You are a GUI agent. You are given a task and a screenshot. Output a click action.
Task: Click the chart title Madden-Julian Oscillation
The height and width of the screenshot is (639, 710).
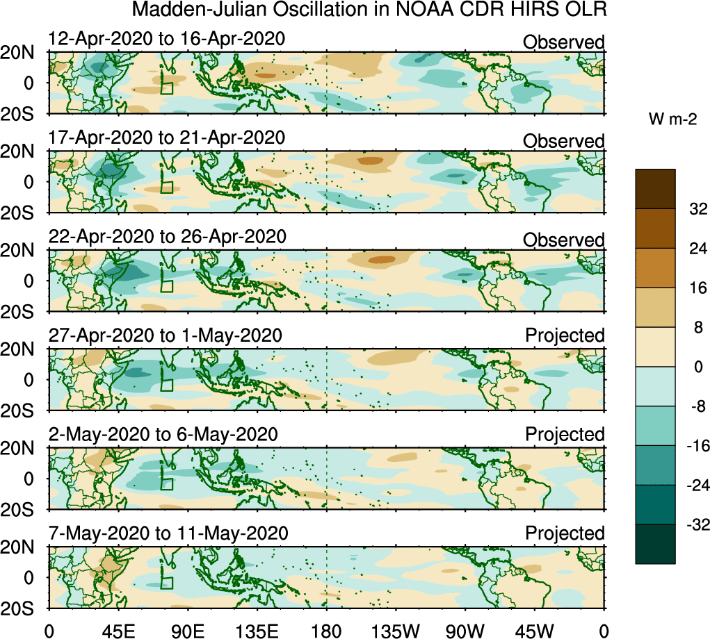click(x=368, y=10)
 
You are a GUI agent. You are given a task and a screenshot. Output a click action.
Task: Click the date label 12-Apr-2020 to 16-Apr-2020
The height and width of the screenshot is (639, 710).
click(x=166, y=39)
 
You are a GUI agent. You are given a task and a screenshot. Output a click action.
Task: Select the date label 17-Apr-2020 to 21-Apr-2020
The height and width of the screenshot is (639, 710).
click(x=166, y=138)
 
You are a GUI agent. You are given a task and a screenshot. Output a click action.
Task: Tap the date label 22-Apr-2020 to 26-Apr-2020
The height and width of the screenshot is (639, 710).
click(x=167, y=236)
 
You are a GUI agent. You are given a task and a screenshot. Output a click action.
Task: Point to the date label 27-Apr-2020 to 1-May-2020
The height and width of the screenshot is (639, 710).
click(x=165, y=335)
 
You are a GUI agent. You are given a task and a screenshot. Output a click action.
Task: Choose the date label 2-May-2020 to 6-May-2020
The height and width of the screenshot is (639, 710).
click(x=163, y=434)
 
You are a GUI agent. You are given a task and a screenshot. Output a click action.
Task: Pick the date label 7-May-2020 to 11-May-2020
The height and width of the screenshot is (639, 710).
click(x=168, y=533)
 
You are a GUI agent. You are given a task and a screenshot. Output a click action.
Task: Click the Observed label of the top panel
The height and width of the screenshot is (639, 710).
click(x=563, y=42)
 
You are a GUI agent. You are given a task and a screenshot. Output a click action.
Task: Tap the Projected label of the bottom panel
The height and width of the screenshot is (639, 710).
click(x=565, y=533)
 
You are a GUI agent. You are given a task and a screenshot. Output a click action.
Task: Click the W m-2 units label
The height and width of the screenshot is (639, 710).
click(x=673, y=119)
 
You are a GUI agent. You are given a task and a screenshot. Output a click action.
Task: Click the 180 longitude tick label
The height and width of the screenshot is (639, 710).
click(x=327, y=629)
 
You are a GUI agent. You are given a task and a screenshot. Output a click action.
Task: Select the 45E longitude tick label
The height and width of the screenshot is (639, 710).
click(x=118, y=629)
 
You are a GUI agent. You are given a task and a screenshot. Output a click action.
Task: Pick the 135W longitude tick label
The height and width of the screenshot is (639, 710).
click(x=396, y=629)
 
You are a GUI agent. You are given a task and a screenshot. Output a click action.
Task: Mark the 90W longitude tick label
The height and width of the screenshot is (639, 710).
click(x=466, y=629)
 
